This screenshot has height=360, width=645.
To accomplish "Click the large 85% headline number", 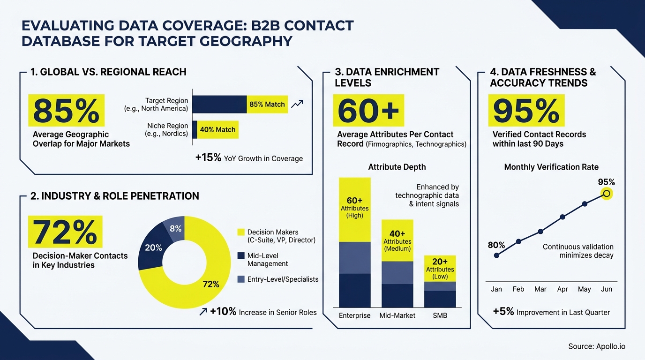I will pyautogui.click(x=66, y=111).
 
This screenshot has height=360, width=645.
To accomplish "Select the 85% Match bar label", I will pyautogui.click(x=267, y=105).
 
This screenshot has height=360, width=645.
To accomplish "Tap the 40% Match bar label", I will pyautogui.click(x=217, y=129).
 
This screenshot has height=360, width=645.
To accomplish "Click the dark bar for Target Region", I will pyautogui.click(x=219, y=105).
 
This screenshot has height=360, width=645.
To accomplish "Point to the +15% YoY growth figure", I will pyautogui.click(x=208, y=158).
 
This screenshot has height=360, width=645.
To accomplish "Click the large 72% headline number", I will pyautogui.click(x=65, y=232).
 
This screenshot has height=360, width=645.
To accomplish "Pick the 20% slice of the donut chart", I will pyautogui.click(x=152, y=247).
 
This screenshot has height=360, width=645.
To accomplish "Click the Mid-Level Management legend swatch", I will pyautogui.click(x=241, y=255).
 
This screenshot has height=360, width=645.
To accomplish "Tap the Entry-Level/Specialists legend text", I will pyautogui.click(x=283, y=279).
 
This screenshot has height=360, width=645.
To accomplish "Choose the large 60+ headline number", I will pyautogui.click(x=368, y=111).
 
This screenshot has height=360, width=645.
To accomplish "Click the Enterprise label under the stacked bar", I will pyautogui.click(x=355, y=315).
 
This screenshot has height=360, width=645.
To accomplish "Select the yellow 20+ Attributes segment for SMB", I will pyautogui.click(x=440, y=269).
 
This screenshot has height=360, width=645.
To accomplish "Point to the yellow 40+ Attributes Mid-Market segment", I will pyautogui.click(x=397, y=240).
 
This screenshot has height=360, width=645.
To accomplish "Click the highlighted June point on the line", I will pyautogui.click(x=607, y=193).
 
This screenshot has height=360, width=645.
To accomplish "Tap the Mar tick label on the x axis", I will pyautogui.click(x=540, y=289).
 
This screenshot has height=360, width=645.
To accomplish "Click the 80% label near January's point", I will pyautogui.click(x=496, y=245).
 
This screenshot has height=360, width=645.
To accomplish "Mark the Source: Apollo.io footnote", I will pyautogui.click(x=596, y=346).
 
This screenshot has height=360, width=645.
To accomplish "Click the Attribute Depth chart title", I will pyautogui.click(x=397, y=167).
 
